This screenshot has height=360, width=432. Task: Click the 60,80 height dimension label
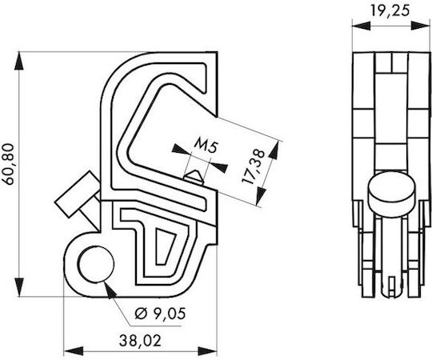pyautogui.click(x=8, y=164)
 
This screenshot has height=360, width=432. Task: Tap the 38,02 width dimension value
pyautogui.click(x=140, y=341)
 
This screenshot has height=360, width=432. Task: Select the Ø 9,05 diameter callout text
pyautogui.click(x=160, y=314)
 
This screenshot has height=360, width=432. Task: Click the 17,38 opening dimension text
pyautogui.click(x=253, y=167)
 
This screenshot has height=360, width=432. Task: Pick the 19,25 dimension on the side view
pyautogui.click(x=390, y=10)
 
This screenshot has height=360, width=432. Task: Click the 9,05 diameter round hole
pyautogui.click(x=96, y=264)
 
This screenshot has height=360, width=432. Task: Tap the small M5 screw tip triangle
pyautogui.click(x=194, y=176)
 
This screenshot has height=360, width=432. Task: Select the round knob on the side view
pyautogui.click(x=391, y=194)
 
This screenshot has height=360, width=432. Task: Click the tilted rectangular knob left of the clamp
pyautogui.click(x=78, y=194)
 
